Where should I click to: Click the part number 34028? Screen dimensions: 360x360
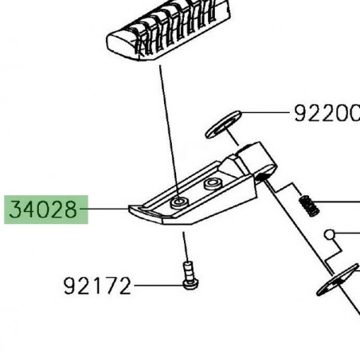[x=45, y=211]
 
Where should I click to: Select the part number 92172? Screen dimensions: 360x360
[x=97, y=285]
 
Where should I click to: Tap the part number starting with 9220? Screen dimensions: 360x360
[x=326, y=114]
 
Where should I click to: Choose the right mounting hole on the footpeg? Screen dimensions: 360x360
[x=211, y=184]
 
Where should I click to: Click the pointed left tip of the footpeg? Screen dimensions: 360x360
[x=131, y=209]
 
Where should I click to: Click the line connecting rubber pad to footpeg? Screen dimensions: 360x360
[x=169, y=127]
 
